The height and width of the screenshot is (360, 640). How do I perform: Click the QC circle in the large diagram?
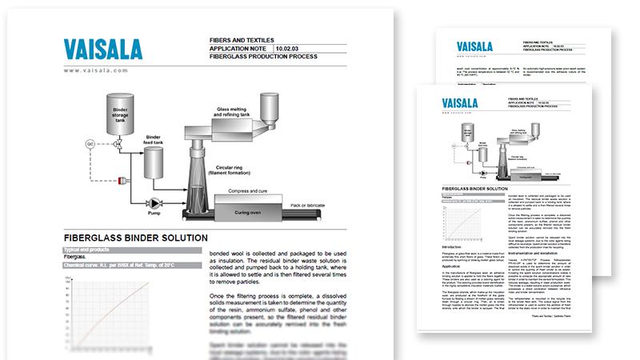tap(90, 145)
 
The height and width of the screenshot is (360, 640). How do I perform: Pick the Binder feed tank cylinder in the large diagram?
tap(153, 161)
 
